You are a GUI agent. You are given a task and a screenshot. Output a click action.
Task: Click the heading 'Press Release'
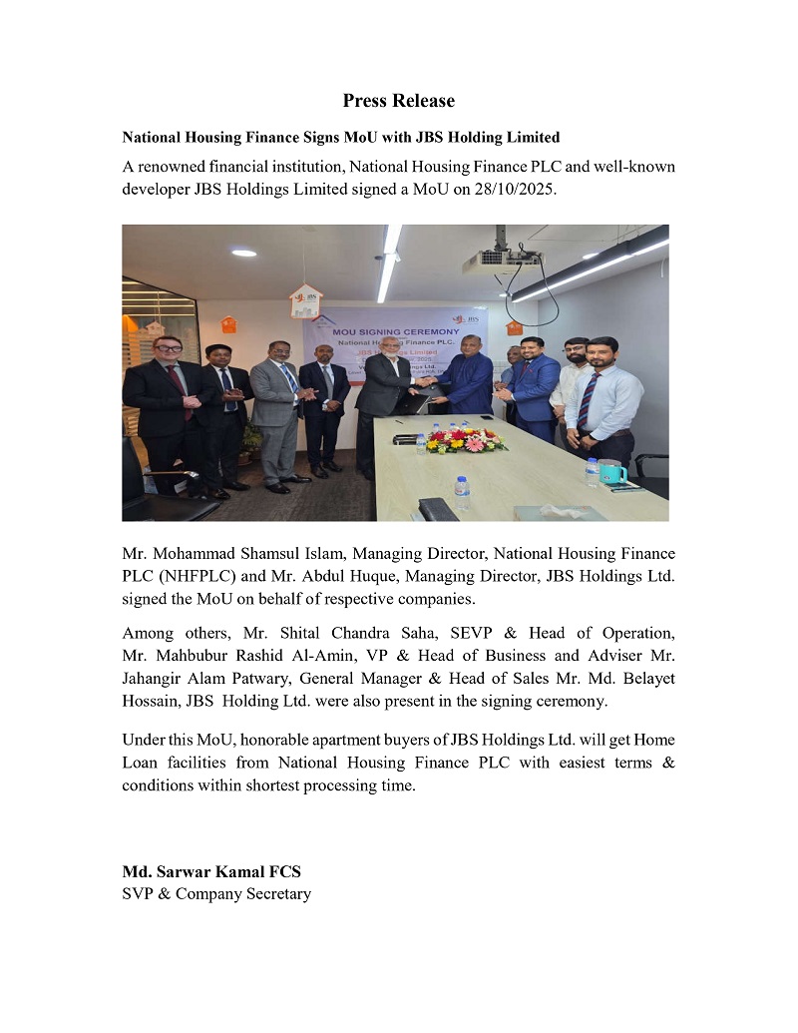398,101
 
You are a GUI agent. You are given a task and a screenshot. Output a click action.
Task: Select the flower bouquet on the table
465,440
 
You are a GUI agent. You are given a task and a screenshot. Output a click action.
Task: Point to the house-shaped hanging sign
303,300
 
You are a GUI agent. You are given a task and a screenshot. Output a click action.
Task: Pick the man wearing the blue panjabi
469,389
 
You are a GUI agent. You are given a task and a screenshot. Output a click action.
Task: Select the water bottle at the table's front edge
462,492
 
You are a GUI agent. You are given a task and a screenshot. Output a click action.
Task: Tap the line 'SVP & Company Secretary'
216,893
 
